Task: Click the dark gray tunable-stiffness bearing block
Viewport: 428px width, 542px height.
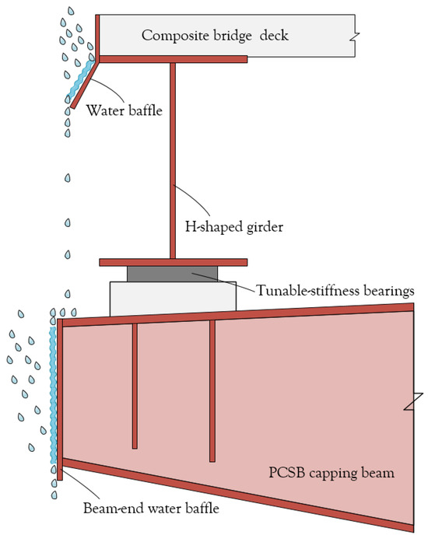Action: [x=173, y=274]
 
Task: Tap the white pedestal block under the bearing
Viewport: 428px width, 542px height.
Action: [x=173, y=298]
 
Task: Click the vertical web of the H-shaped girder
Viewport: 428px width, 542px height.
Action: [x=172, y=156]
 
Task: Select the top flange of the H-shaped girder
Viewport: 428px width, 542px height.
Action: [x=173, y=58]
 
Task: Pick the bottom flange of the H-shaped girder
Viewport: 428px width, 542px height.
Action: [x=173, y=262]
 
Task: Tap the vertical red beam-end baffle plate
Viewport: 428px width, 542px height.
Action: [x=60, y=397]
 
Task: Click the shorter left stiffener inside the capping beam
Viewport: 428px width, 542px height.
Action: [x=135, y=385]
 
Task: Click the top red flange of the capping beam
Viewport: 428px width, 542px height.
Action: [x=233, y=314]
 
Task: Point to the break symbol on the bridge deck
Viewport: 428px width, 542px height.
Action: [x=356, y=36]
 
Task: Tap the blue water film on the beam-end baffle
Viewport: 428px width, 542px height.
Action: [x=53, y=397]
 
